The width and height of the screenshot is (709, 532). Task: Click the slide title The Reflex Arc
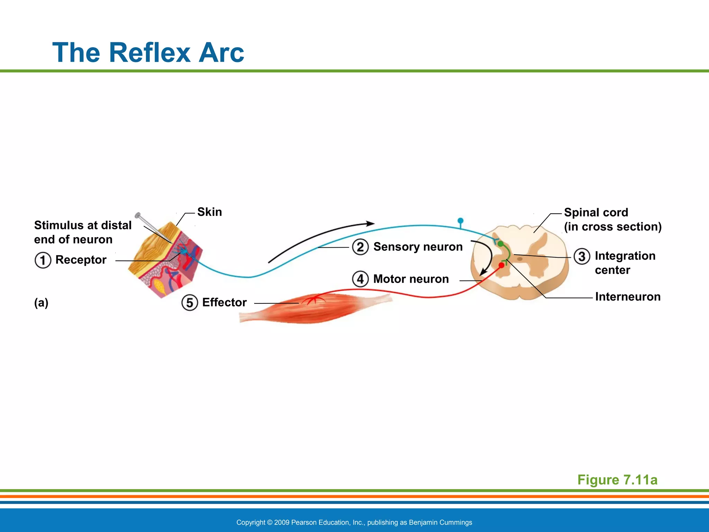(148, 53)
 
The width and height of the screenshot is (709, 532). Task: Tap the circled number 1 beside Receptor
(43, 260)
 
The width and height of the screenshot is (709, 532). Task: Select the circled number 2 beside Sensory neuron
(360, 247)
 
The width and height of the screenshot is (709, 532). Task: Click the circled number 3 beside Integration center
(582, 256)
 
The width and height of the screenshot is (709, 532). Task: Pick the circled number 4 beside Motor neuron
(360, 279)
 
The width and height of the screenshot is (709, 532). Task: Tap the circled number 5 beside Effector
(189, 302)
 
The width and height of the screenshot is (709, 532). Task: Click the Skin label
(209, 212)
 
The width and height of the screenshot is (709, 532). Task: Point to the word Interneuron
(628, 297)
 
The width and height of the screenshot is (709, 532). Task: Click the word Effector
(224, 302)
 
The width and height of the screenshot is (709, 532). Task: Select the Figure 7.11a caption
(617, 480)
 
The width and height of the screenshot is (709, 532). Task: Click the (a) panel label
(41, 303)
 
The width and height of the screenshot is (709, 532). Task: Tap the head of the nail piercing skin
(137, 215)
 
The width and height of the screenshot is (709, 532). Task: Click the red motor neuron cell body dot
(501, 265)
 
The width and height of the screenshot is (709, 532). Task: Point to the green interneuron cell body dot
(501, 243)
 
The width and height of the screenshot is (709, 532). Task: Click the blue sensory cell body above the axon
(460, 221)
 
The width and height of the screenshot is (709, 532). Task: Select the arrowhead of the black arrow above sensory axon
(371, 223)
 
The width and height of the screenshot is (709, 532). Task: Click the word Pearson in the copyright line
(304, 522)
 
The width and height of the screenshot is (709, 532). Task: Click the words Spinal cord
(596, 212)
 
